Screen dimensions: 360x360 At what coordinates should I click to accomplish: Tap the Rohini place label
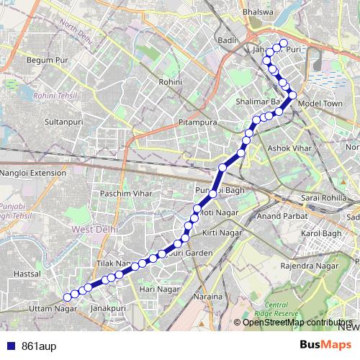click(x=171, y=83)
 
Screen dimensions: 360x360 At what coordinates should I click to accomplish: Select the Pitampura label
click(x=198, y=123)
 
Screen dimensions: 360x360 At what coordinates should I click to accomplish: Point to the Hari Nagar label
click(x=158, y=289)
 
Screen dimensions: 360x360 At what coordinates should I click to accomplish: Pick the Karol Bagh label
click(x=320, y=234)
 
